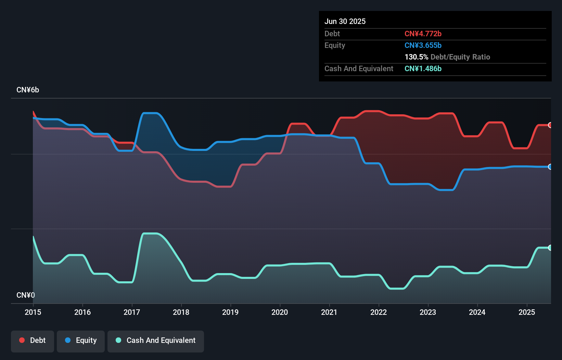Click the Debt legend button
click(33, 341)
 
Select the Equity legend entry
click(81, 341)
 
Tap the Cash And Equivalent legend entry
click(156, 341)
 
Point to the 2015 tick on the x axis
click(33, 312)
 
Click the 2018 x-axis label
click(181, 312)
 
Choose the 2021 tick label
click(329, 312)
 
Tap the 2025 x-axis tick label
click(526, 312)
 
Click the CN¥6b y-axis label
click(28, 90)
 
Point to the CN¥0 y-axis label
click(26, 295)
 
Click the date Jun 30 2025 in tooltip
click(345, 22)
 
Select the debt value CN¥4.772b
click(423, 34)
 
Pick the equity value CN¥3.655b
click(423, 46)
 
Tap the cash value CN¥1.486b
click(423, 69)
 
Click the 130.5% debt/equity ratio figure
click(416, 57)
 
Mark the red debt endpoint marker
click(550, 125)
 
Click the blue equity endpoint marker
click(550, 167)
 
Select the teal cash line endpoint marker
click(550, 248)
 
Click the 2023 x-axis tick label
click(428, 312)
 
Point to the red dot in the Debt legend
click(22, 340)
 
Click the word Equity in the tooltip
click(335, 46)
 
